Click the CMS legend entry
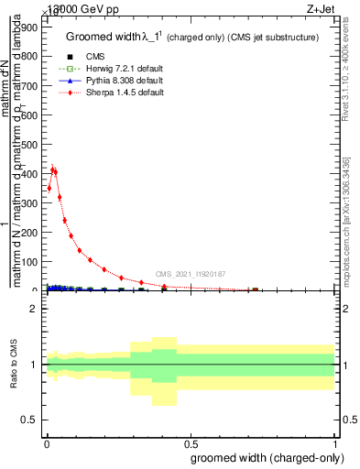tap(93, 57)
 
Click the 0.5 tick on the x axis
tap(190, 440)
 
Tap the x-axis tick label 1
tap(334, 440)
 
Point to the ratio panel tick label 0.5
tap(29, 420)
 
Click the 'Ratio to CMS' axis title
tap(13, 365)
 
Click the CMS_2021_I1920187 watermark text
tap(190, 274)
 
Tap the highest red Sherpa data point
tap(52, 169)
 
